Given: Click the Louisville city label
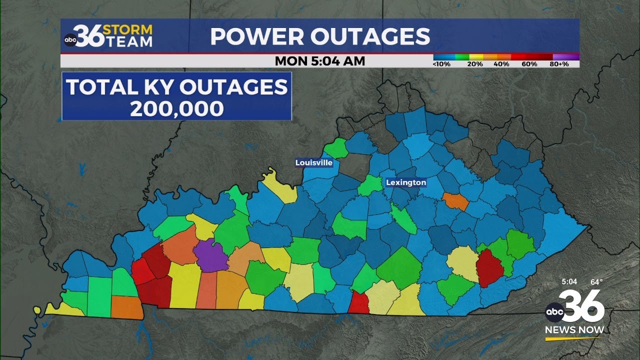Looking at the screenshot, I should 313,162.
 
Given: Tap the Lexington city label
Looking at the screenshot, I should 406,182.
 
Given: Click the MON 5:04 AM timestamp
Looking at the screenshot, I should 320,61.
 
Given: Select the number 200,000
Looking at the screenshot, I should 176,109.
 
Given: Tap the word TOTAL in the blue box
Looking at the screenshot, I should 95,87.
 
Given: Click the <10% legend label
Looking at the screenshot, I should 442,64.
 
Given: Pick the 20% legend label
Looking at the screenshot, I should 475,64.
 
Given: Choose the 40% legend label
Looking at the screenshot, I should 501,64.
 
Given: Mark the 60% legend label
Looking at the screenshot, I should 529,64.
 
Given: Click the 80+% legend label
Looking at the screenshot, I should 559,64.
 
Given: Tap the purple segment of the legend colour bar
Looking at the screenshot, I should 566,57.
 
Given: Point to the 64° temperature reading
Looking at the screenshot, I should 596,282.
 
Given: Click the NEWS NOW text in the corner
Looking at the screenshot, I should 574,330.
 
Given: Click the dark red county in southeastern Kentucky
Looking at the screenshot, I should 489,267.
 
